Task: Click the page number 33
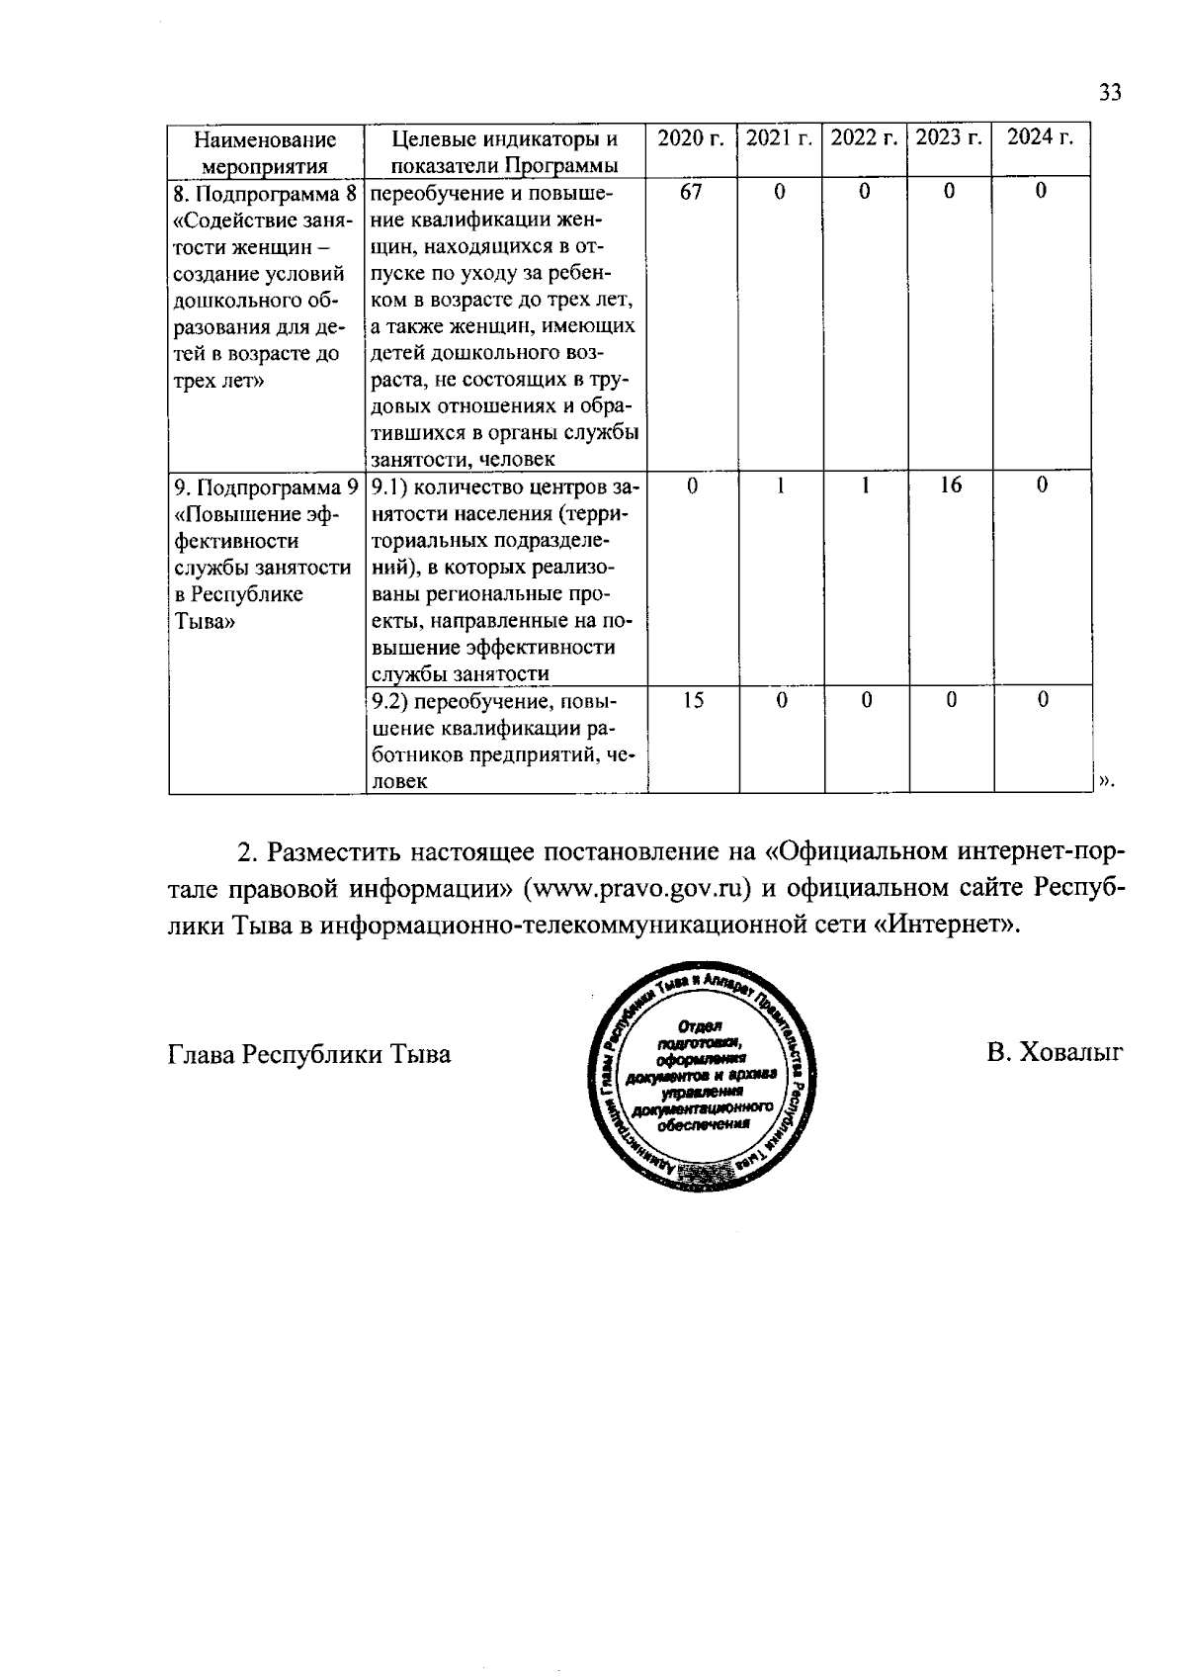coord(1110,93)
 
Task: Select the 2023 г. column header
coord(949,138)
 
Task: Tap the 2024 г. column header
coord(1041,138)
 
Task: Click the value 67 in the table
coord(691,192)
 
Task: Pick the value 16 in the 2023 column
coord(950,486)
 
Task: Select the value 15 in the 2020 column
coord(693,700)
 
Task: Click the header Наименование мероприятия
coord(264,151)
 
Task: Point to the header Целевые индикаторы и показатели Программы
coord(505,151)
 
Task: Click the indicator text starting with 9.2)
coord(504,741)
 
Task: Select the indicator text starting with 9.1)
coord(504,579)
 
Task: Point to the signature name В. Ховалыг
coord(1055,1054)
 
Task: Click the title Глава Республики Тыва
coord(309,1054)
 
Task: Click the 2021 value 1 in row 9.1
coord(780,486)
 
